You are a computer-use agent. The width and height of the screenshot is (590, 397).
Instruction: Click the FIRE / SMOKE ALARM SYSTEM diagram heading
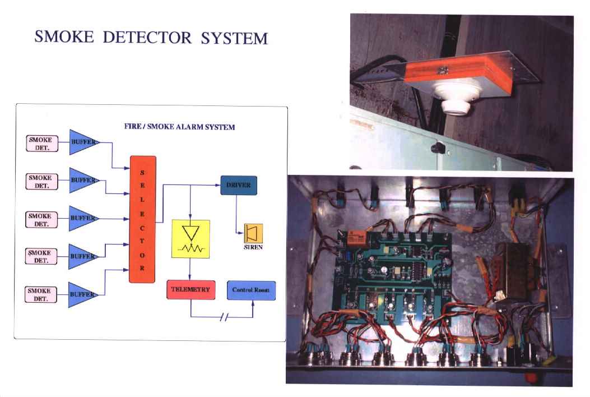(x=179, y=127)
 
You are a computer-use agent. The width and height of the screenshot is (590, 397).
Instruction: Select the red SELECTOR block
(x=142, y=219)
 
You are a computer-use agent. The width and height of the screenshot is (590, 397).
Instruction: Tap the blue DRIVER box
(x=239, y=185)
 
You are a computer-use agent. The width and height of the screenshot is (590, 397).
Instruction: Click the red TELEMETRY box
(x=191, y=290)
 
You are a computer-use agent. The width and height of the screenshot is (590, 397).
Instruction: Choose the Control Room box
(x=250, y=290)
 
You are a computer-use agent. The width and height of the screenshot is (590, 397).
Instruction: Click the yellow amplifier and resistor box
(x=191, y=239)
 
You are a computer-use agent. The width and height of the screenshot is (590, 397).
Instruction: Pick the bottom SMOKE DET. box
(x=41, y=294)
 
